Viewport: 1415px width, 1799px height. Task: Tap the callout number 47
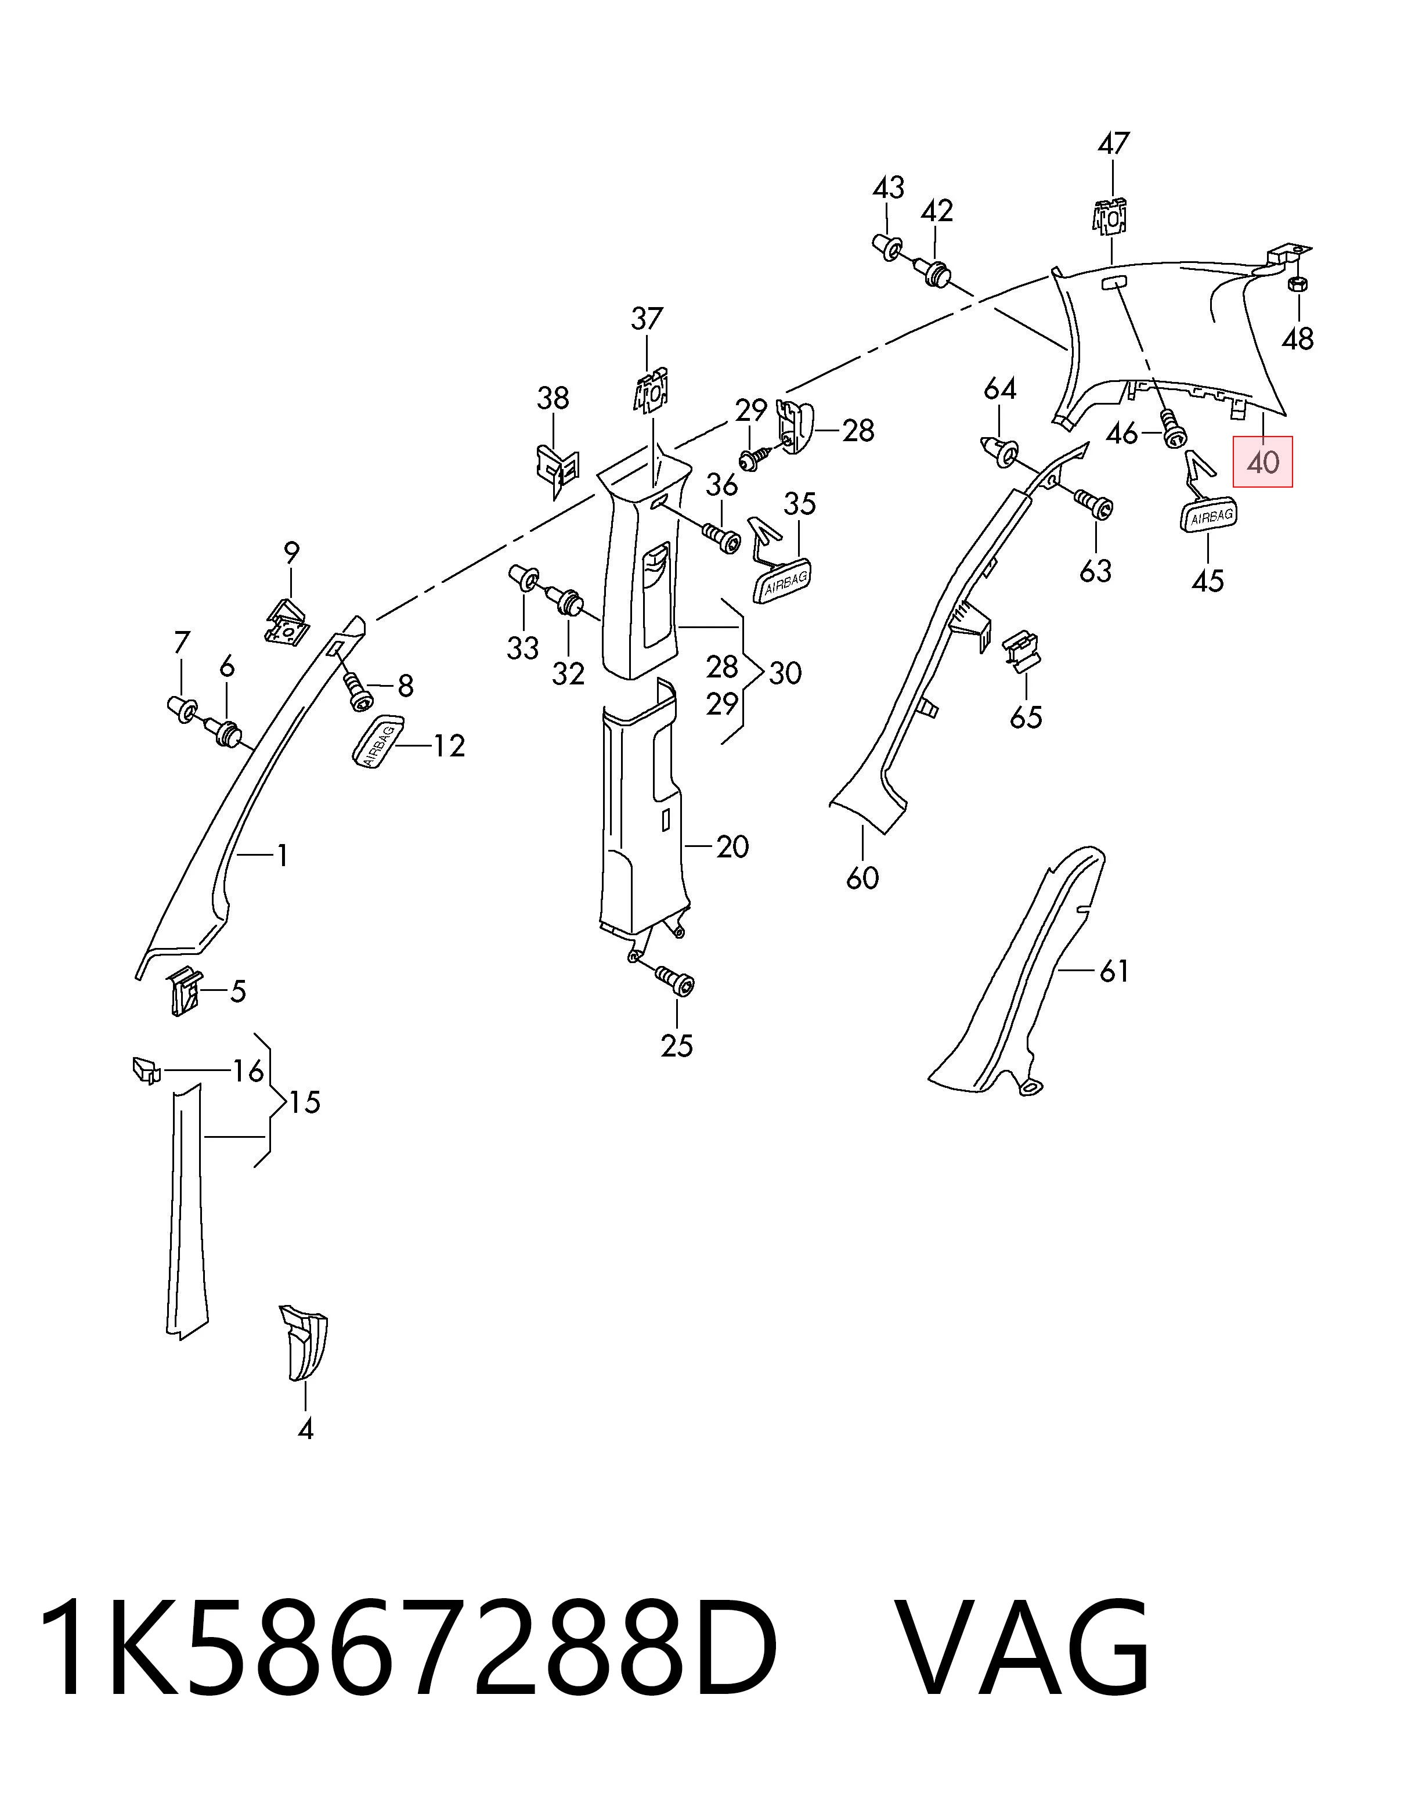[x=1113, y=143]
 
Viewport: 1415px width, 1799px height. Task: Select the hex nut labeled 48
[x=1297, y=284]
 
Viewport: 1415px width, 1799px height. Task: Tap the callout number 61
[x=1113, y=971]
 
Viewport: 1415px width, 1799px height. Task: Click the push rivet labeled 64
[x=1000, y=450]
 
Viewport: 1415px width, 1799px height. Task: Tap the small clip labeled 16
[x=145, y=1070]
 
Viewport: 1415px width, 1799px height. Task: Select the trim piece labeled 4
[x=304, y=1342]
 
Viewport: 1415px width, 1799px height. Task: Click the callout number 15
[x=305, y=1102]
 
